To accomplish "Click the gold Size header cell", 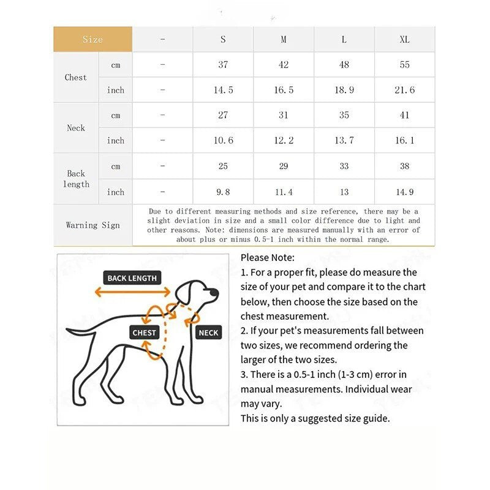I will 92,39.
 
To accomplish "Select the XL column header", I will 404,39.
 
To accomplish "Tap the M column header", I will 284,39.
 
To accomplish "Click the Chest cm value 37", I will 223,64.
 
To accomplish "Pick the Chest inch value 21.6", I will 404,90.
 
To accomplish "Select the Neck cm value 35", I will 344,115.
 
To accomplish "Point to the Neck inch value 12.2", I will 284,140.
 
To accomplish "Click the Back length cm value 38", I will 404,166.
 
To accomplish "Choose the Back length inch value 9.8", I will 223,192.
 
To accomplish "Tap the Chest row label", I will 76,77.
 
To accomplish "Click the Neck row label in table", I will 76,128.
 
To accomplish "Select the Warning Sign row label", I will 92,225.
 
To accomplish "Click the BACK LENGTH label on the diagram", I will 132,278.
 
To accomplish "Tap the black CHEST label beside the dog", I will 145,333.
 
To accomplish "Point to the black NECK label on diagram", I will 208,333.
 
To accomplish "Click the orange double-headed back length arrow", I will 132,293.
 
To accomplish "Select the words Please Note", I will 268,257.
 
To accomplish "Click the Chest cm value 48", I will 344,64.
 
